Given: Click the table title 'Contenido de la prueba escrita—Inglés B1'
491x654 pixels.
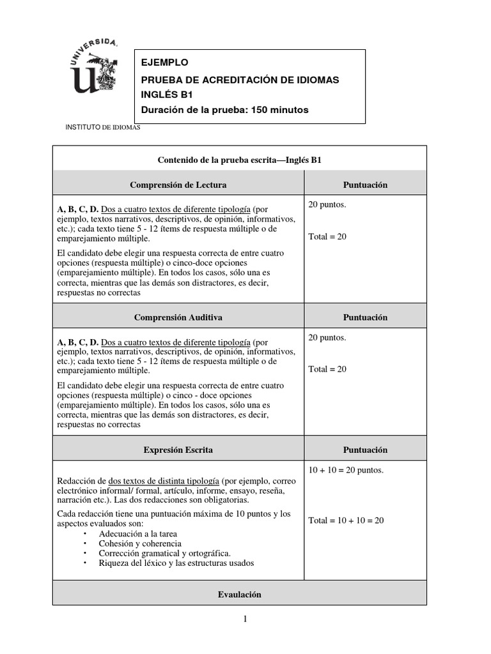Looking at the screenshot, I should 239,160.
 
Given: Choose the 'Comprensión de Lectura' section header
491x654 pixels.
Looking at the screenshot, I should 178,185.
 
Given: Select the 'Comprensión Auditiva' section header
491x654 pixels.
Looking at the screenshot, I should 178,317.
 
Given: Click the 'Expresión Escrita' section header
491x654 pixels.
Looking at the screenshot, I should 178,450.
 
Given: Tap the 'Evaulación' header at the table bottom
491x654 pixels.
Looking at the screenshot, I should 239,594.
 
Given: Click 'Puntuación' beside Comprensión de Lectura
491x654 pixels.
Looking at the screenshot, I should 365,185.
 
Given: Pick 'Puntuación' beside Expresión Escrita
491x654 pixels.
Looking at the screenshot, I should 365,450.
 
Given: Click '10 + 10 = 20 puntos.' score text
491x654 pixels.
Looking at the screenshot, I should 346,471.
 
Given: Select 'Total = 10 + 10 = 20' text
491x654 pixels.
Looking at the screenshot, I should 346,521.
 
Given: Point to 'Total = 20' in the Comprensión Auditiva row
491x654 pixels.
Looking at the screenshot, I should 327,369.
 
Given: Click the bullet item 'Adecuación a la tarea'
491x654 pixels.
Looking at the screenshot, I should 138,533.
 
